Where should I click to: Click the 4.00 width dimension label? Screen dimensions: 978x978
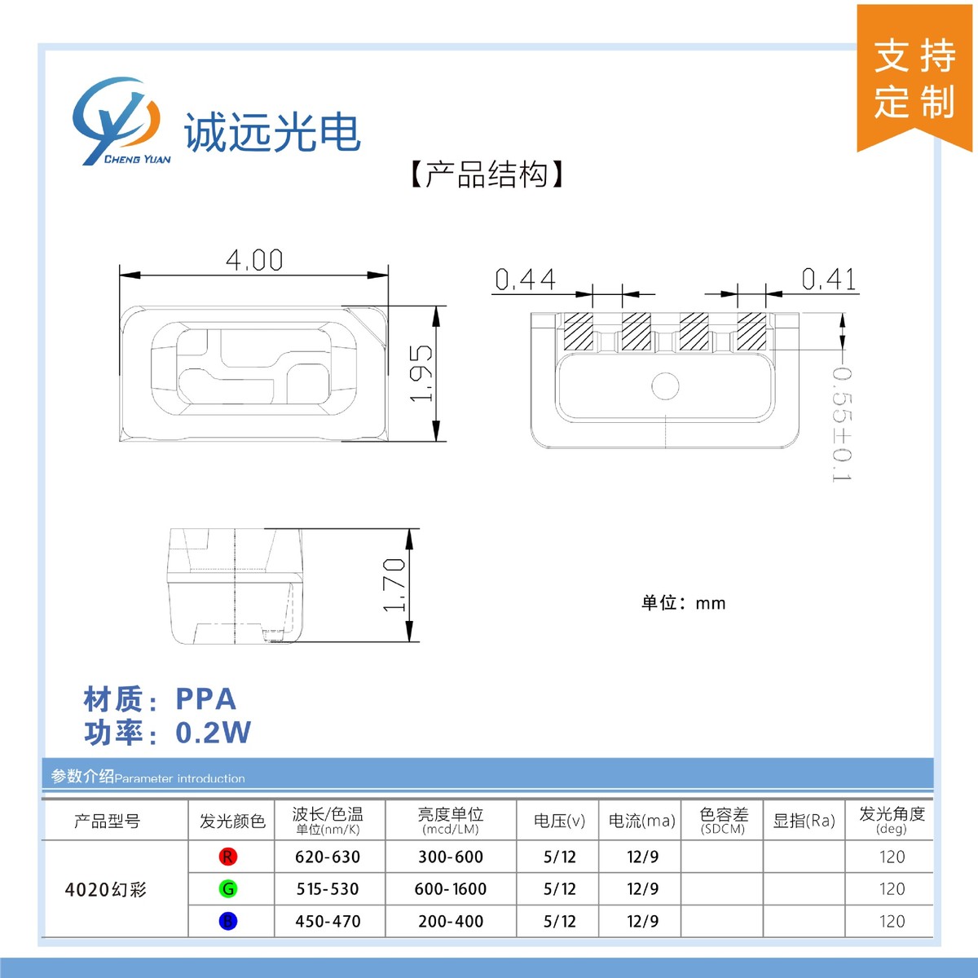(254, 261)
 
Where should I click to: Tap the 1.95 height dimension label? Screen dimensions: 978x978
(421, 372)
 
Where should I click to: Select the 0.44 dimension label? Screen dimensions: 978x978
(526, 280)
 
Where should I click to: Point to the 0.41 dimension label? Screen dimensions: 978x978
(829, 280)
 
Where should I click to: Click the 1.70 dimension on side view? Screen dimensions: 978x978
(394, 584)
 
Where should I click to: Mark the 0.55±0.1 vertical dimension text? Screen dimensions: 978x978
(841, 424)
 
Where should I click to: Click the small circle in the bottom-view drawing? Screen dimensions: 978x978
(666, 386)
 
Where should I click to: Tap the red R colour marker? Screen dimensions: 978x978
(228, 857)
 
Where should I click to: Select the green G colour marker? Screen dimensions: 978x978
(228, 889)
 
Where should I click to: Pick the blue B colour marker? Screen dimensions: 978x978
(228, 922)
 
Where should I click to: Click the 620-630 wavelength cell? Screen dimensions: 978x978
(328, 857)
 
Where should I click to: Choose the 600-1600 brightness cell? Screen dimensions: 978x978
(451, 889)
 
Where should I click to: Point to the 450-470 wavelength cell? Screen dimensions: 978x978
(328, 922)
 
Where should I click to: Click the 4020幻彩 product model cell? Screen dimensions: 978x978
(106, 890)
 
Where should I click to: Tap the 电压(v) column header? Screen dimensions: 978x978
(559, 821)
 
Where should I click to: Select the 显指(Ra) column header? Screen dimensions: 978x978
(804, 821)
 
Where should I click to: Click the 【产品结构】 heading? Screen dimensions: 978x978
(487, 174)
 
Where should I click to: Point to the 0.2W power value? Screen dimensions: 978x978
(214, 733)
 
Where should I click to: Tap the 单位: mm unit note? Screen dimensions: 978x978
(683, 603)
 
